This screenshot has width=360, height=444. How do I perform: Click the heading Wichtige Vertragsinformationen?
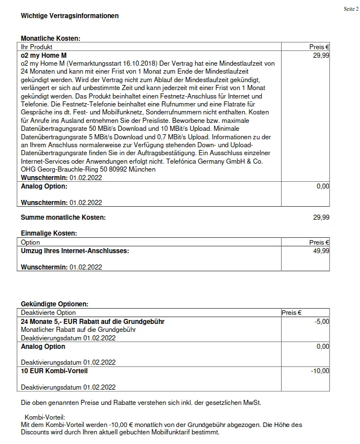tap(70, 16)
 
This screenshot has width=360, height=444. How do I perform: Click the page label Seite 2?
tap(350, 10)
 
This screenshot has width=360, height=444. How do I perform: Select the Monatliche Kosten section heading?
tap(50, 39)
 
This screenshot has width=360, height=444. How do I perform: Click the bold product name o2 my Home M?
tap(44, 55)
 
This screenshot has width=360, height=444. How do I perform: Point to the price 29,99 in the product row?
tap(321, 55)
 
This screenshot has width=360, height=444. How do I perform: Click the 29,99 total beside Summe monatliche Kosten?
tap(321, 217)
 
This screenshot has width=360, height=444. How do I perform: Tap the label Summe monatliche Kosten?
tap(63, 217)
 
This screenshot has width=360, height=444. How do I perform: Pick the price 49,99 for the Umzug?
tap(321, 250)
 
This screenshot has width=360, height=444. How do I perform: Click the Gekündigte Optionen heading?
tap(54, 305)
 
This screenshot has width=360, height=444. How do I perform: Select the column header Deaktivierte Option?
tap(48, 313)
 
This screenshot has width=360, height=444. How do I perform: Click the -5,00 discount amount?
tap(321, 321)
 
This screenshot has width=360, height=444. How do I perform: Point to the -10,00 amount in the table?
tap(320, 371)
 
